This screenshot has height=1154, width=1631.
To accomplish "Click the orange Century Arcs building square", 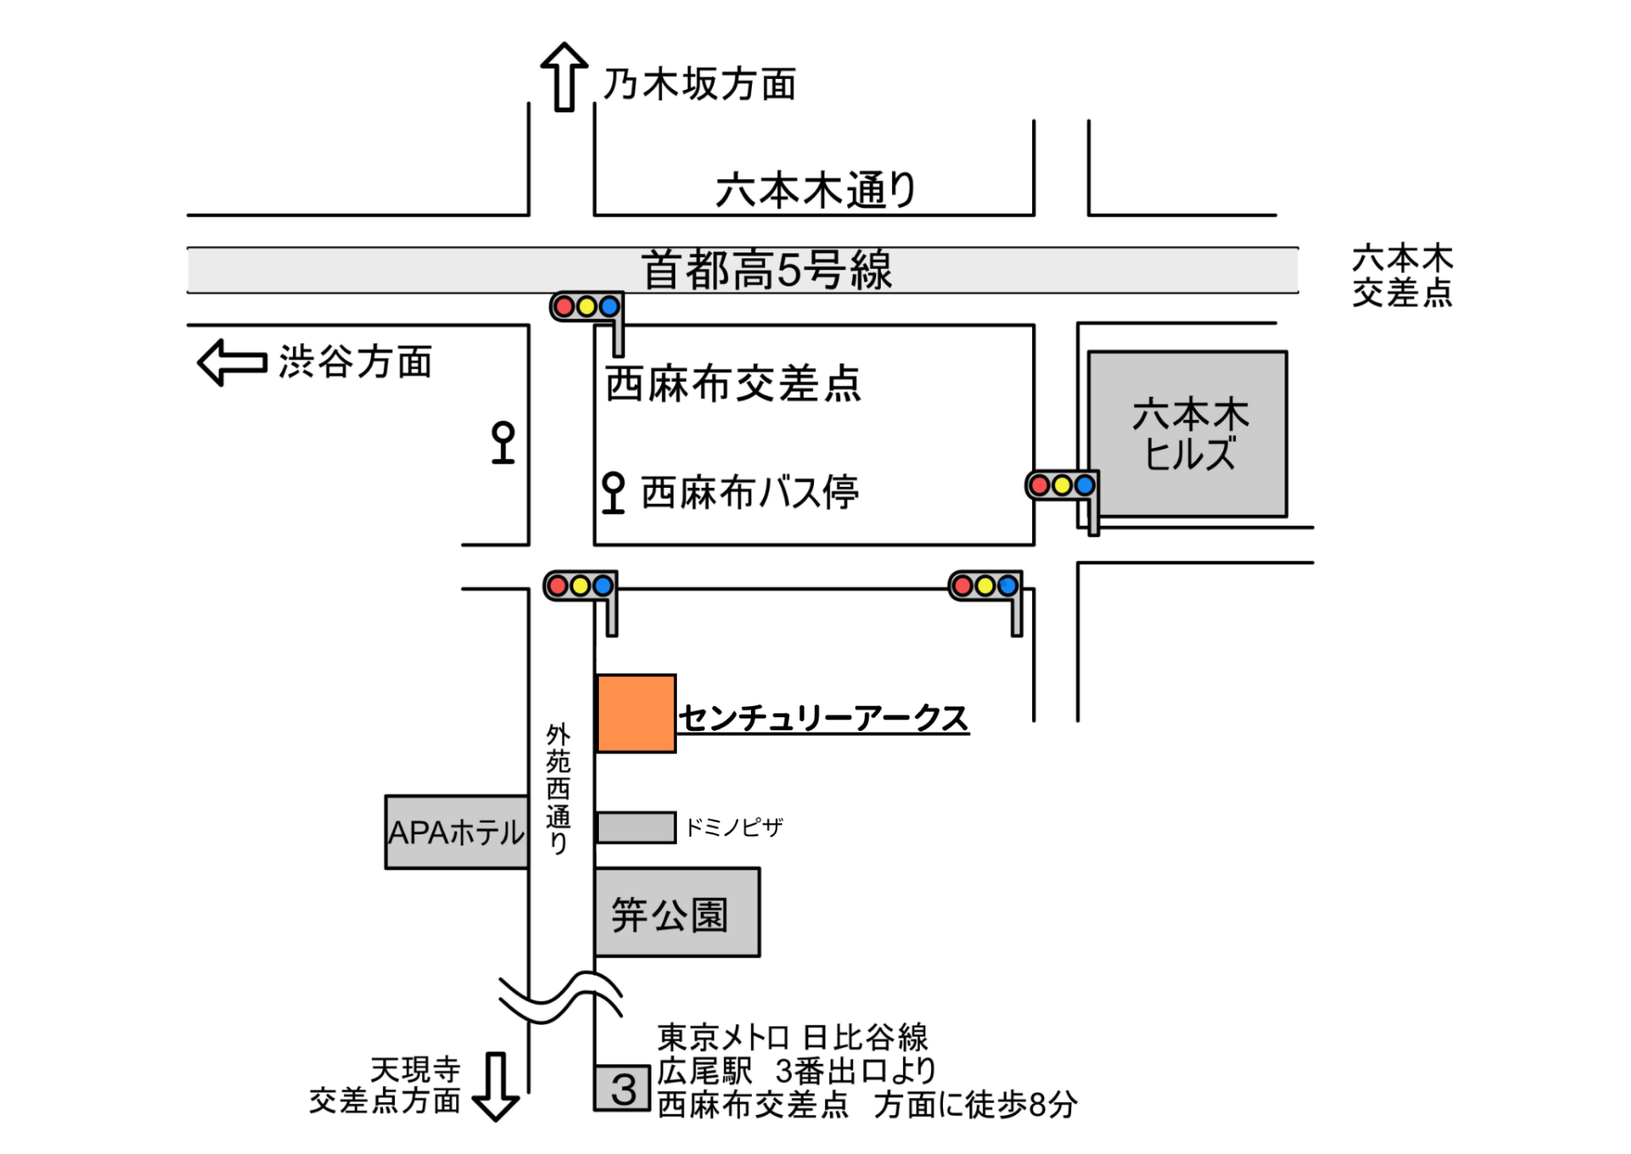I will [636, 713].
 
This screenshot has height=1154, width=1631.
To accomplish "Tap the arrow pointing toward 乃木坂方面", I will [564, 76].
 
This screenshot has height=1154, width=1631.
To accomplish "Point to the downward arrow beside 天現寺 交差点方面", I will [495, 1086].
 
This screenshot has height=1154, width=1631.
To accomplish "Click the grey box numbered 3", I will [623, 1089].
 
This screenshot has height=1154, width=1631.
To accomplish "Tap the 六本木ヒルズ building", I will [1188, 433].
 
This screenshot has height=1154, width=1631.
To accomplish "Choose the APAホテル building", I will [456, 832].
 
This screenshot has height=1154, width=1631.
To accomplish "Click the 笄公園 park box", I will [677, 913].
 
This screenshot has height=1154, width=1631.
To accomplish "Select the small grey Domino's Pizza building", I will [635, 827].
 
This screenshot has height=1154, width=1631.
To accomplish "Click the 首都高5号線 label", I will [766, 270].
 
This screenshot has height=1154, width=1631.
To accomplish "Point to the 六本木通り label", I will [815, 190].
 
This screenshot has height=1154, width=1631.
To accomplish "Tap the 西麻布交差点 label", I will [733, 383].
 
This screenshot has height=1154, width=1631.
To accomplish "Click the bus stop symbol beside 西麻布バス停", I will [612, 493].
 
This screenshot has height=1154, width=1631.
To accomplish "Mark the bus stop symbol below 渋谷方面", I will [503, 442].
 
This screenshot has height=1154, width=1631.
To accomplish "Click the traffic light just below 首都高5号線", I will [587, 308].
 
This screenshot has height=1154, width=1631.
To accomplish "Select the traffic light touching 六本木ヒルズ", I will [1063, 486].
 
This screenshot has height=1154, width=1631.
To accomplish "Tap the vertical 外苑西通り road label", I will [558, 788].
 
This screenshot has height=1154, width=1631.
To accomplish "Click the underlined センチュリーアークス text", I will [823, 718].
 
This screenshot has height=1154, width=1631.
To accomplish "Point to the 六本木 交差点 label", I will [1402, 275].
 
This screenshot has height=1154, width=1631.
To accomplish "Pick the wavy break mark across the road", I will [561, 996].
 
